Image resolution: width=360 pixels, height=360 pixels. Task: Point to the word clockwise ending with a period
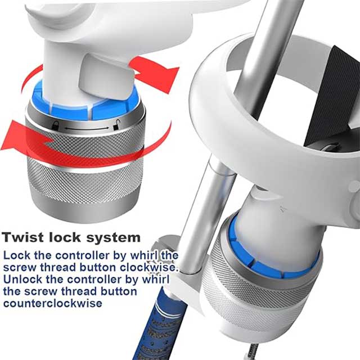click(153, 267)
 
